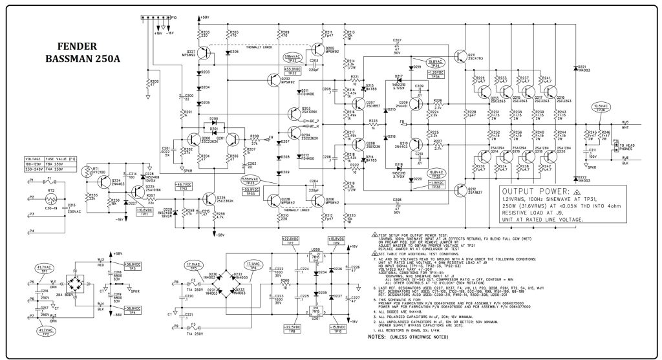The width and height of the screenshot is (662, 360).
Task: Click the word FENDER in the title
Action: point(77,47)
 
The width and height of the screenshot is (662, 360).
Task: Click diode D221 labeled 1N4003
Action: point(575,67)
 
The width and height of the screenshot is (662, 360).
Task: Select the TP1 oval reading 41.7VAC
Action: point(44,268)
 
